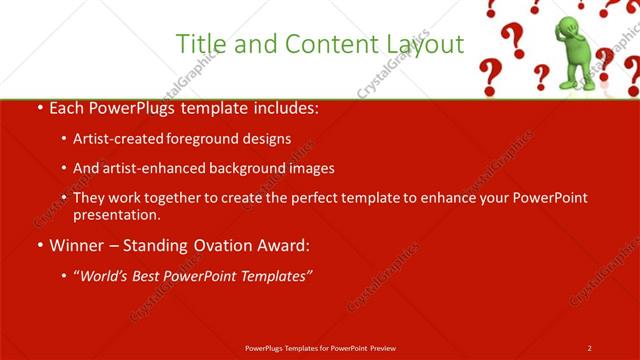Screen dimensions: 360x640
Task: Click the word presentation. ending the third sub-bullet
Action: [116, 214]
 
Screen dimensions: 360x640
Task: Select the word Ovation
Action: [218, 243]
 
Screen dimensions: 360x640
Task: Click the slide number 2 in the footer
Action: [590, 347]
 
